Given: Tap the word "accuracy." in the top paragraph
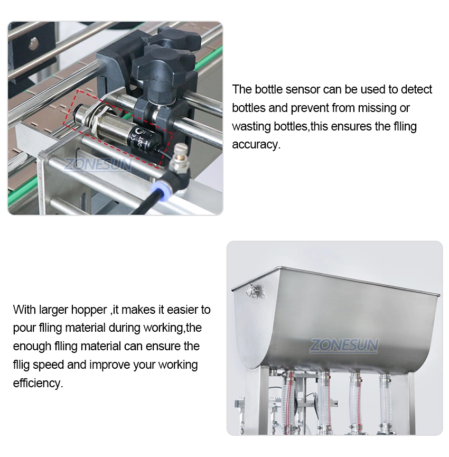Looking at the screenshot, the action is pos(256,145).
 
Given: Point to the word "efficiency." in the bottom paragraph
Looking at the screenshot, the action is pos(38,383).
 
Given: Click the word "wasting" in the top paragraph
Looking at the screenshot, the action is pos(251,126).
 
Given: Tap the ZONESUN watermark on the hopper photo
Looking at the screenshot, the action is pos(344,346).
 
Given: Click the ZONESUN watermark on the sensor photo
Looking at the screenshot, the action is pos(98,164).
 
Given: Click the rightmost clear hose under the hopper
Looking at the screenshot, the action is pos(386,403).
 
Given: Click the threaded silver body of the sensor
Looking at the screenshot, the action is pos(111,127).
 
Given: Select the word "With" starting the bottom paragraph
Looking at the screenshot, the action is pos(24,310).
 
